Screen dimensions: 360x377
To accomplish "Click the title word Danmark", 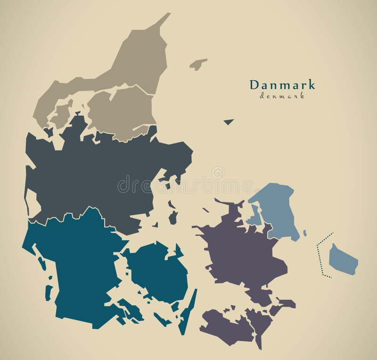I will [282, 85].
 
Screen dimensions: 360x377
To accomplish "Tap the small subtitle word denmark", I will [282, 96].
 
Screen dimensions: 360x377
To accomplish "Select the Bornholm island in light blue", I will [343, 259].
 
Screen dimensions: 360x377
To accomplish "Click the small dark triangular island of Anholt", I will [229, 122].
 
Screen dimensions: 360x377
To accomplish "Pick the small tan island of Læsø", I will [198, 64].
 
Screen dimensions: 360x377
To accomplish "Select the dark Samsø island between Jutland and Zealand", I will [173, 217].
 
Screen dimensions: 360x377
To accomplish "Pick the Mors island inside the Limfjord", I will [62, 113].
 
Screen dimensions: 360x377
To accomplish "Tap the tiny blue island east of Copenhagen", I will [305, 233].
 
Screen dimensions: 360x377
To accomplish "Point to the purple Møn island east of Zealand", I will [286, 303].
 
